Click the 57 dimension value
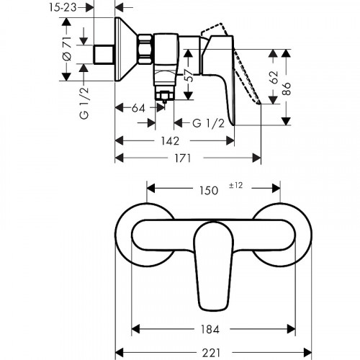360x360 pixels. (188, 78)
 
